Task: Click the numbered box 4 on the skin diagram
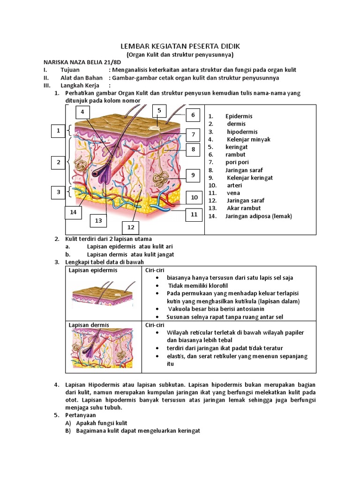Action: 82,112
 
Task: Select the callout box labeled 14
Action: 73,212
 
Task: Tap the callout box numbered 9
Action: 193,176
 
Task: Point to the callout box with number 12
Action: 131,228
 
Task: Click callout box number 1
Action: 59,131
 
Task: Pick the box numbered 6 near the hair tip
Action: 193,115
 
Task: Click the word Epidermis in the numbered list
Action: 239,116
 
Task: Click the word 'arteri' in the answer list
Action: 235,185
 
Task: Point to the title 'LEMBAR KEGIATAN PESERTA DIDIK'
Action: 180,46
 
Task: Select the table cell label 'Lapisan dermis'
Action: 89,325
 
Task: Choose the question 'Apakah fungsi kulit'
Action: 102,423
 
